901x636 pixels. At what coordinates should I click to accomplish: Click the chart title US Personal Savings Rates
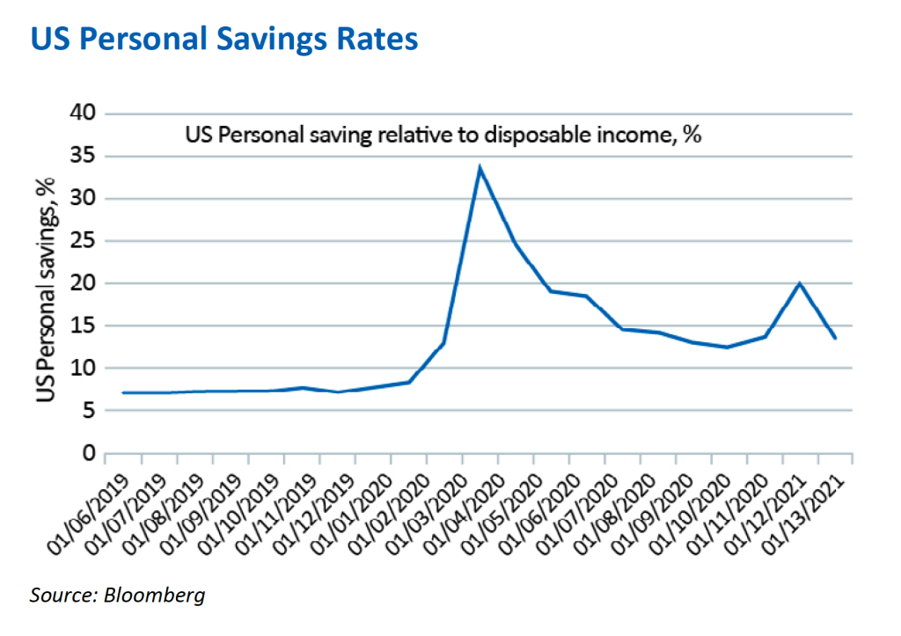[224, 40]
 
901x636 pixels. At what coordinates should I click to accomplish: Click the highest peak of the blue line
[480, 167]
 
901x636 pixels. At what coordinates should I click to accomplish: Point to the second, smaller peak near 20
[799, 282]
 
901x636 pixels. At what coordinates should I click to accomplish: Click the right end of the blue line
[834, 338]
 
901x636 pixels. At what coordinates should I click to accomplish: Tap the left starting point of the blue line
[123, 392]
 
